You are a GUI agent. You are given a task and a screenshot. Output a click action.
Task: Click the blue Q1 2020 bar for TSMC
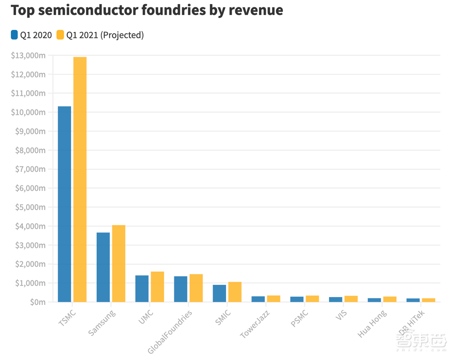pyautogui.click(x=64, y=204)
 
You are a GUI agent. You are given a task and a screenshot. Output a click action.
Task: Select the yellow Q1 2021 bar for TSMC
pyautogui.click(x=80, y=180)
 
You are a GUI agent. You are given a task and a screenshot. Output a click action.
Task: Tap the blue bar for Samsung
pyautogui.click(x=103, y=267)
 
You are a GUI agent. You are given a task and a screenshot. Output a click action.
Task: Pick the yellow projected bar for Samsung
pyautogui.click(x=119, y=263)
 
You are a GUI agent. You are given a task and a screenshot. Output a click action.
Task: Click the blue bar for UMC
pyautogui.click(x=142, y=288)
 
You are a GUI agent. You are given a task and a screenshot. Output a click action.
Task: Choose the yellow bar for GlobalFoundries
pyautogui.click(x=196, y=288)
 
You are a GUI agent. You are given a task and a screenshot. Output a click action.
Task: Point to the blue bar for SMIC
pyautogui.click(x=219, y=293)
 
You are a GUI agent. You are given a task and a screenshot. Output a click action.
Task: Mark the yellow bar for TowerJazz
pyautogui.click(x=274, y=298)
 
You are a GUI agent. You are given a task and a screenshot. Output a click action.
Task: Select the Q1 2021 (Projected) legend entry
pyautogui.click(x=100, y=35)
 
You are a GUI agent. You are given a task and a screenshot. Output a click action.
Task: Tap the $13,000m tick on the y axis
pyautogui.click(x=28, y=56)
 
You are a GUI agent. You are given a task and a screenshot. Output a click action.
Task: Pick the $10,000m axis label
pyautogui.click(x=28, y=113)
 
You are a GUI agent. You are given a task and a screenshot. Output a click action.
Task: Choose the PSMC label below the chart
pyautogui.click(x=299, y=319)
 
